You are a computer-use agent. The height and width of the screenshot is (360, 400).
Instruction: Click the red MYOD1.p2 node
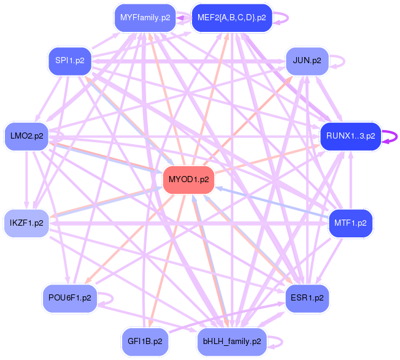(x=188, y=180)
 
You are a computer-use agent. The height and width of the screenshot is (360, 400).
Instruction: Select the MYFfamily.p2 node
(x=145, y=18)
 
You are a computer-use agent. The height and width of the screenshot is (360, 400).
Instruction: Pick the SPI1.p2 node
(x=69, y=61)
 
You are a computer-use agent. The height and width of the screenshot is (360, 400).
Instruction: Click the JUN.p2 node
(x=307, y=61)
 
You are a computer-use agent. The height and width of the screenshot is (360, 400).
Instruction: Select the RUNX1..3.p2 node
(x=350, y=136)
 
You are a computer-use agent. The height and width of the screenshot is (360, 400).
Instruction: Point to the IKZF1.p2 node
(x=26, y=223)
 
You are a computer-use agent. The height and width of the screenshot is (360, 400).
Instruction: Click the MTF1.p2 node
(x=350, y=223)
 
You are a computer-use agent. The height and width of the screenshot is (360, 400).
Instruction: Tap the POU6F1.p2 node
(x=69, y=297)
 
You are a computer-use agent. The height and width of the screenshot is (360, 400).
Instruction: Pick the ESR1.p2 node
(x=307, y=297)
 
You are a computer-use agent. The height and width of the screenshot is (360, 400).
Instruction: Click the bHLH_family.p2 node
(x=231, y=340)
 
